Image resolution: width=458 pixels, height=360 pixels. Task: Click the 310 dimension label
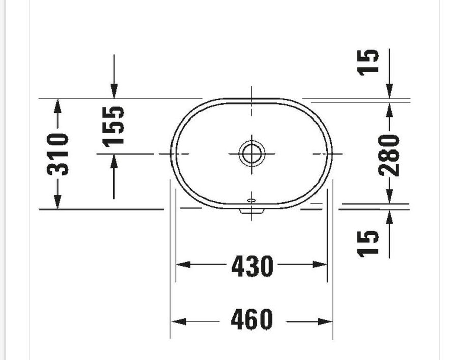(58, 155)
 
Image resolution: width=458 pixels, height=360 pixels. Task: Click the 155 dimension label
(113, 126)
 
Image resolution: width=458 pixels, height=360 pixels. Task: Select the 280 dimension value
(389, 155)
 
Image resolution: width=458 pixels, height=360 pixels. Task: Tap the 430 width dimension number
(252, 266)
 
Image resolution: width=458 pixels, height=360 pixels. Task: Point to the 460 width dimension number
(251, 319)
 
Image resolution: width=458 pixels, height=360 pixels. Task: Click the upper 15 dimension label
(368, 62)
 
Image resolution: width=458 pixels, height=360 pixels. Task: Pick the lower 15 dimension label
(368, 244)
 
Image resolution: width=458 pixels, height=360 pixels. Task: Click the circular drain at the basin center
(252, 153)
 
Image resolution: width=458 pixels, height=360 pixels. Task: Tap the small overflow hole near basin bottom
(251, 200)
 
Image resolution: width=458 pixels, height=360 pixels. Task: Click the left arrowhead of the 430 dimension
(183, 265)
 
